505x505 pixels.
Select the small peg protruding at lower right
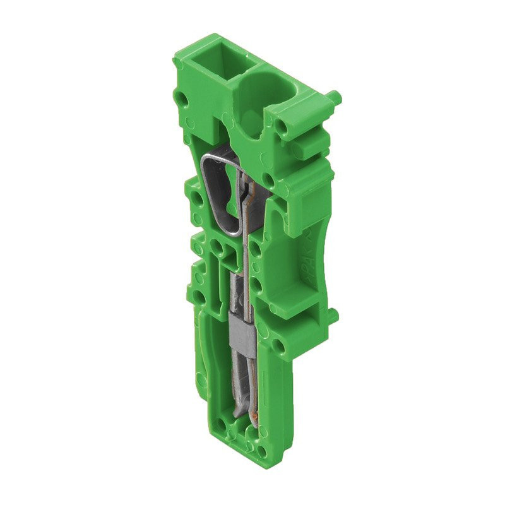(x=333, y=314)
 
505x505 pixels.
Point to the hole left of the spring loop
(x=197, y=201)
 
